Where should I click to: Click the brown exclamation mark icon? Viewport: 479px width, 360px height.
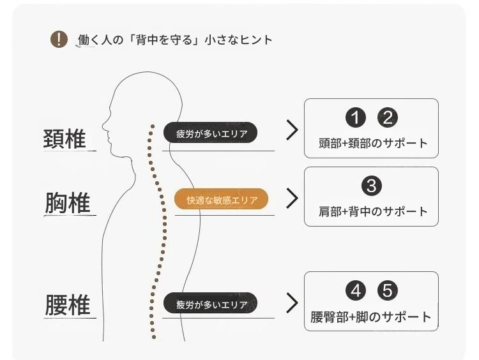pos(59,39)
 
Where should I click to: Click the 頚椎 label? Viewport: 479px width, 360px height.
pos(65,139)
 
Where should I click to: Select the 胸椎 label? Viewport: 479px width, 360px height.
pos(68,203)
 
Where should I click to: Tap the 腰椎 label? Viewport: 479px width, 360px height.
pos(68,304)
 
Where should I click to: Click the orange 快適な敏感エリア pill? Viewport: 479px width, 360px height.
pos(221,199)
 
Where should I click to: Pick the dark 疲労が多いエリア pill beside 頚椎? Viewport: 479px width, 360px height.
pos(210,133)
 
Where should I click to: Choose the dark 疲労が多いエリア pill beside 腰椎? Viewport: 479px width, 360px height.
pos(210,303)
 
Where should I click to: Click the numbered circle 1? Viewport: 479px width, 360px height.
pos(356,117)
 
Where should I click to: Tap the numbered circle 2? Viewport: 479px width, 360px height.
pos(388,117)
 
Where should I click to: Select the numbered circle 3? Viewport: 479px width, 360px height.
pos(372,186)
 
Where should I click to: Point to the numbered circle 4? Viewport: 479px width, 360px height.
pos(356,290)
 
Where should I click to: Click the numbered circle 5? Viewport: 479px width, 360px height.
pos(388,290)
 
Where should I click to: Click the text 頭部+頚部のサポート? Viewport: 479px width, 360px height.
pos(373,143)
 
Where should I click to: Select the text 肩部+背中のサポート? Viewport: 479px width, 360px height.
pos(373,211)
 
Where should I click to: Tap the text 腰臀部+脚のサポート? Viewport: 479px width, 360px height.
pos(371,317)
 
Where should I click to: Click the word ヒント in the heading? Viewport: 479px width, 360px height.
pos(256,40)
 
